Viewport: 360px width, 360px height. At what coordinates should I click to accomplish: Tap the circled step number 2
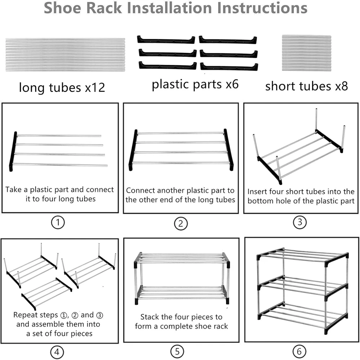[181, 224]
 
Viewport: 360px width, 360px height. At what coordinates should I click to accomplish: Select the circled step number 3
[300, 222]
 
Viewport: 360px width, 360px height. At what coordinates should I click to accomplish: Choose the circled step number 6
[300, 351]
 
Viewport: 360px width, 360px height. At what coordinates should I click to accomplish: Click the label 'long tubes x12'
[62, 87]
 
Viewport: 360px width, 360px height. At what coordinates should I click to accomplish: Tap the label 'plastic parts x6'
[195, 85]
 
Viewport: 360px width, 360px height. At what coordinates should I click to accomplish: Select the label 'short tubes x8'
[306, 86]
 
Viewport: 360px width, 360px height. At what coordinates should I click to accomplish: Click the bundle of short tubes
[307, 53]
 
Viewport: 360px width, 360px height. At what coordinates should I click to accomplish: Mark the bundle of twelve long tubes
[65, 54]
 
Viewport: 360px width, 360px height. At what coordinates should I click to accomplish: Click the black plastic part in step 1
[13, 151]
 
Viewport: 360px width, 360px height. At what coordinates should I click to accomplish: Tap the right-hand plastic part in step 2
[228, 149]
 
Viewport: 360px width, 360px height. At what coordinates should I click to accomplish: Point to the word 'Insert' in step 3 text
[259, 192]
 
